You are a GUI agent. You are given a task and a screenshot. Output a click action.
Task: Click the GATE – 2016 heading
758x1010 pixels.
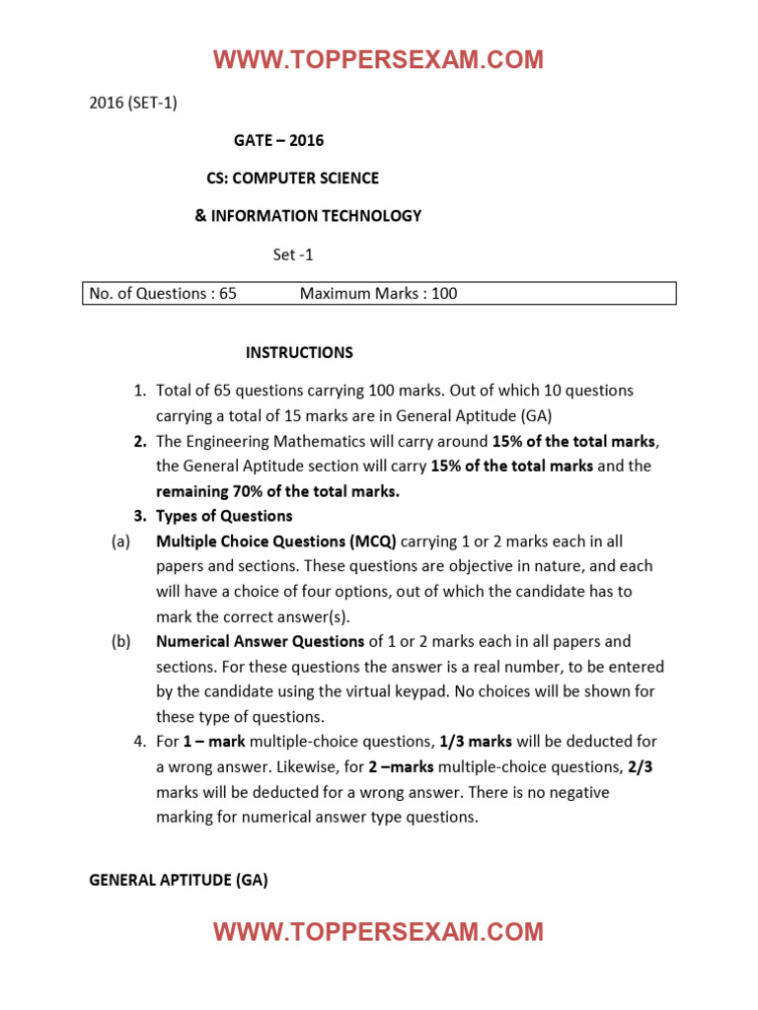278,140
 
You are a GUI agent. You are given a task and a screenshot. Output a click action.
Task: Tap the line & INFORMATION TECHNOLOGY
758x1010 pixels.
308,215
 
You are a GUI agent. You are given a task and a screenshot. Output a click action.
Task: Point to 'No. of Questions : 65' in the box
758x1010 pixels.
163,293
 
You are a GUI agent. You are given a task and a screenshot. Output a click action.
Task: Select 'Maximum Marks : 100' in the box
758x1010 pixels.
378,293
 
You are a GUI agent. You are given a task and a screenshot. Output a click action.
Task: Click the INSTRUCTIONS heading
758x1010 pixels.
299,352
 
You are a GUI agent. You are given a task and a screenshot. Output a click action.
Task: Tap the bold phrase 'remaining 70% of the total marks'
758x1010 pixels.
276,491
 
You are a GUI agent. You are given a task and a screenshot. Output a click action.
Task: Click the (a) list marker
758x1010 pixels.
120,541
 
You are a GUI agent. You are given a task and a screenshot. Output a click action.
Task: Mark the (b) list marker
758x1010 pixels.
120,641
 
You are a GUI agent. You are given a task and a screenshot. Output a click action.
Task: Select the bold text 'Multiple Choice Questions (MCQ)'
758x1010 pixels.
276,541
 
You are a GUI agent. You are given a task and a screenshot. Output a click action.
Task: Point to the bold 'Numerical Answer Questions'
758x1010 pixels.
261,641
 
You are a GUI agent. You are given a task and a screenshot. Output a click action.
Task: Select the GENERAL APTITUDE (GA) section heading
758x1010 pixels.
179,880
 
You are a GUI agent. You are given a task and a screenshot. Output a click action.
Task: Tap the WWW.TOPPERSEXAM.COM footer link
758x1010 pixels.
378,932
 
